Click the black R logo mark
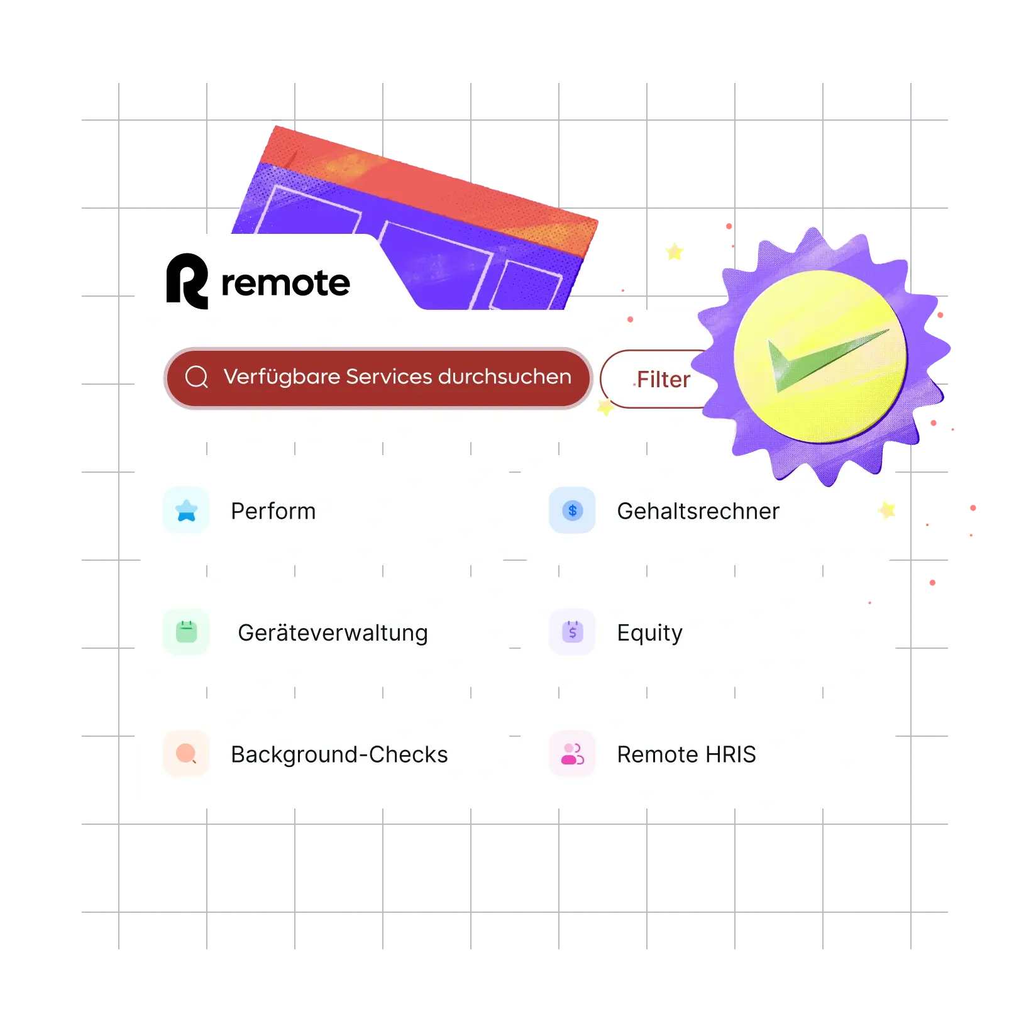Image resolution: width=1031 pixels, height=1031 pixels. click(187, 282)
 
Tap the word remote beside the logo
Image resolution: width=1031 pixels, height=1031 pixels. click(285, 284)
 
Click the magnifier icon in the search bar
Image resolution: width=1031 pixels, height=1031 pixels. click(196, 377)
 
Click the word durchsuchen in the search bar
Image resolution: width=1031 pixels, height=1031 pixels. click(504, 377)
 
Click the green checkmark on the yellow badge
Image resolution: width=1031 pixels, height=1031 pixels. click(824, 360)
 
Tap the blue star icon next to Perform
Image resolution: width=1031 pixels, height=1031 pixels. click(186, 510)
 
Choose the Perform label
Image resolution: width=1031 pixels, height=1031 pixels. click(273, 511)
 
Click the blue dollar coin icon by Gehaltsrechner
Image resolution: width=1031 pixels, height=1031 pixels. click(572, 510)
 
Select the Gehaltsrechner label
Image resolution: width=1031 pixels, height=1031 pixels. click(698, 511)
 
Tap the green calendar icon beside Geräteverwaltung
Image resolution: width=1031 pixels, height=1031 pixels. click(186, 632)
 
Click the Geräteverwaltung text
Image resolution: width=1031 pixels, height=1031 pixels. click(333, 632)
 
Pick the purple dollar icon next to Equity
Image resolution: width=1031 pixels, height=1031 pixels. click(572, 632)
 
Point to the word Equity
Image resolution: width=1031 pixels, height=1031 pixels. click(649, 632)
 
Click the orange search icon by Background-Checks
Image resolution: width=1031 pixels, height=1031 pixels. click(186, 753)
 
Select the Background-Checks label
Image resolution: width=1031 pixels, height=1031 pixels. click(339, 754)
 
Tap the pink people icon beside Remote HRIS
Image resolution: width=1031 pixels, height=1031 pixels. click(572, 753)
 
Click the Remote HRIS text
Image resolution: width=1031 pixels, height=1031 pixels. click(686, 754)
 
